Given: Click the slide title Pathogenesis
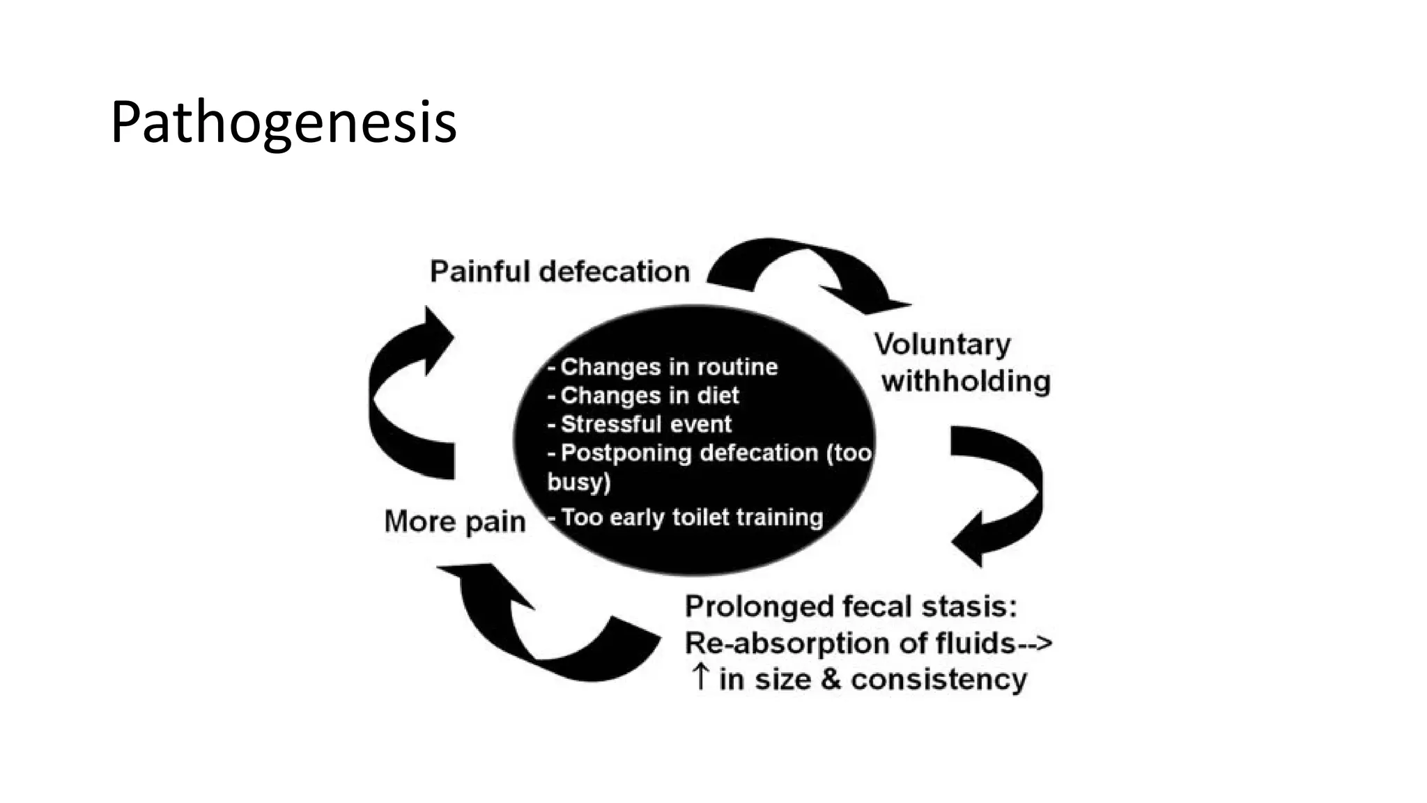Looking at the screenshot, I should (283, 123).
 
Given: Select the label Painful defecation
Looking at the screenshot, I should (560, 272).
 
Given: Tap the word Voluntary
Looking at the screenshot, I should (942, 345).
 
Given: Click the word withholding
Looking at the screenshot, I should (966, 381).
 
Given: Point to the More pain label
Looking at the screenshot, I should (454, 522).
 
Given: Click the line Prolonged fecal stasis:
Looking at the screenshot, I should (851, 607).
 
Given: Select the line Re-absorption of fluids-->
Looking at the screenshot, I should (868, 643).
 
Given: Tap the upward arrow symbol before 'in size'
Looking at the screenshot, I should (700, 678).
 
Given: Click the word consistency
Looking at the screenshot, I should (939, 679).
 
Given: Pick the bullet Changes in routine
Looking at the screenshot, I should (668, 367).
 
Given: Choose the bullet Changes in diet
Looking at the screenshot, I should (649, 396).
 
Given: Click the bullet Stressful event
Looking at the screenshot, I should (646, 424).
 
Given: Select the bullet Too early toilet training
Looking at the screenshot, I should (691, 517).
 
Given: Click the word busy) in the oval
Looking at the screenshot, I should (578, 482).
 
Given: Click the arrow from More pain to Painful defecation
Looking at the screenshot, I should (404, 397).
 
